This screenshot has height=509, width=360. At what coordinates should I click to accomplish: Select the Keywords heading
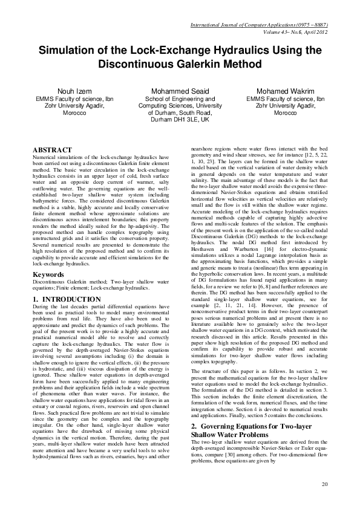[x=50, y=274]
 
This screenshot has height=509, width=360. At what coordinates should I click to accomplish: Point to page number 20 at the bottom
[x=324, y=484]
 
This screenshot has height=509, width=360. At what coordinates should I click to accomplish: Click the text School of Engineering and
[x=180, y=98]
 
